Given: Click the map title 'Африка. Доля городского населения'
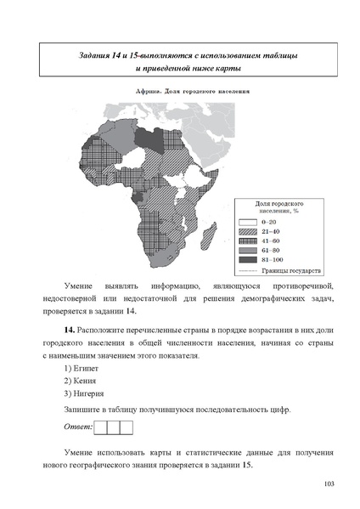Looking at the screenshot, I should coord(180,90).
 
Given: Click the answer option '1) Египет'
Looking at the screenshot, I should coord(82,370).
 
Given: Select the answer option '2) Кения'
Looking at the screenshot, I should coord(82,382).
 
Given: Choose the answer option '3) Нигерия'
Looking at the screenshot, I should coord(85,394).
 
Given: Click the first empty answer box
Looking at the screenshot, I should coord(101,427).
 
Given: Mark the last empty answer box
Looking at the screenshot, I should coord(127,427).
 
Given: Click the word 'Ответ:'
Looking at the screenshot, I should coord(78,427).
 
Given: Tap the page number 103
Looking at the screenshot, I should coord(329,484).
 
